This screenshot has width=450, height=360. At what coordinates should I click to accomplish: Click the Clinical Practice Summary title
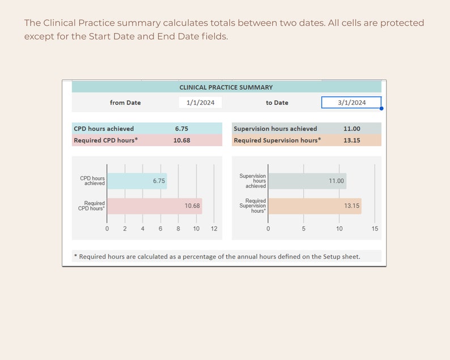point(226,87)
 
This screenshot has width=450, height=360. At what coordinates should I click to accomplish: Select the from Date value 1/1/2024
point(200,103)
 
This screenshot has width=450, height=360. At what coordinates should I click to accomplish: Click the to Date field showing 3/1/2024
point(351,103)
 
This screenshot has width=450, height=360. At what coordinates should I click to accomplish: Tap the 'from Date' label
point(125,103)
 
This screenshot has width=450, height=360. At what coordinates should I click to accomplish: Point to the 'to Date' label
point(277,103)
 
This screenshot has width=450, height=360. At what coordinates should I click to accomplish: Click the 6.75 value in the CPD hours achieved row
point(181,129)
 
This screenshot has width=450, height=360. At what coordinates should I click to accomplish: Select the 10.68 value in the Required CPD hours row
point(181,140)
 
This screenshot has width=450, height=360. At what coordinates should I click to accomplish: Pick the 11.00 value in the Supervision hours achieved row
point(351,129)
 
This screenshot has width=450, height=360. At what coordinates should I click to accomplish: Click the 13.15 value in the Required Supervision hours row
point(351,140)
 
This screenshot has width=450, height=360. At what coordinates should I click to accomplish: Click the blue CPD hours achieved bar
point(136,181)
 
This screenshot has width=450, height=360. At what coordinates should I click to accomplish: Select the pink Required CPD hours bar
point(153,206)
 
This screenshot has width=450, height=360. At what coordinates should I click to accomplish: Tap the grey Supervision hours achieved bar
point(306,181)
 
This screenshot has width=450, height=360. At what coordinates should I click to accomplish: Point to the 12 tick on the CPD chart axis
point(214,228)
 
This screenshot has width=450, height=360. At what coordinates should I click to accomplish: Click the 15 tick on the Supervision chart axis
point(375,228)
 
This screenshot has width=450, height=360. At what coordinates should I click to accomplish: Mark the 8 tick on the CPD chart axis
point(178,228)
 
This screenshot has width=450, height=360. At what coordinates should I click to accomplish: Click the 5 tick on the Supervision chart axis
point(304,228)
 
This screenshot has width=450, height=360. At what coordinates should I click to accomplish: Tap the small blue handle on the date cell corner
point(381,108)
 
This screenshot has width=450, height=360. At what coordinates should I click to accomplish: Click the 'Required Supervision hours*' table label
point(277,140)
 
